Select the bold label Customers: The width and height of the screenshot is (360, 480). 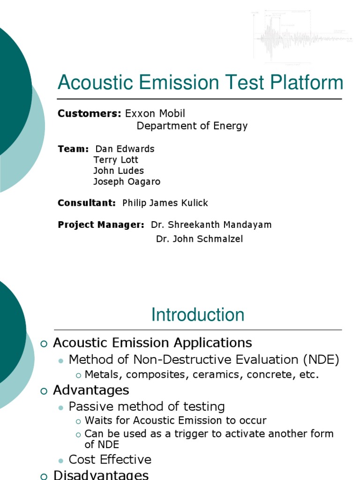click(x=89, y=113)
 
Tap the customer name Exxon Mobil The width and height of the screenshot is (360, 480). click(x=155, y=113)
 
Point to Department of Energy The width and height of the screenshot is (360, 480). click(x=192, y=126)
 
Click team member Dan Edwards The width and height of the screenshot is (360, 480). click(x=125, y=149)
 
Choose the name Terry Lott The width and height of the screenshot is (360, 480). click(x=116, y=160)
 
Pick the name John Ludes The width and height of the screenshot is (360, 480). click(x=119, y=171)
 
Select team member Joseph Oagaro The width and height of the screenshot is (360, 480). click(x=127, y=181)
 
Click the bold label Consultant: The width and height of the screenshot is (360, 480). click(x=87, y=203)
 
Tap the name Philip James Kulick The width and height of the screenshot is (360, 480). click(x=165, y=203)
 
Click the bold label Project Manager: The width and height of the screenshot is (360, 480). click(x=101, y=225)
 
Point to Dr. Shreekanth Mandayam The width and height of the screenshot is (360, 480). click(x=211, y=225)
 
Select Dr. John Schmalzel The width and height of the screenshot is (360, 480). click(x=199, y=239)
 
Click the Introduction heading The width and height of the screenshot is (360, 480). click(x=197, y=315)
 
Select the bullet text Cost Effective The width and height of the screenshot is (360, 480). click(x=110, y=459)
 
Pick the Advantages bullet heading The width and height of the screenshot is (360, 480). click(x=91, y=390)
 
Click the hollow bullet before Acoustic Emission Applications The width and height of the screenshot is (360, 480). click(x=44, y=344)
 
